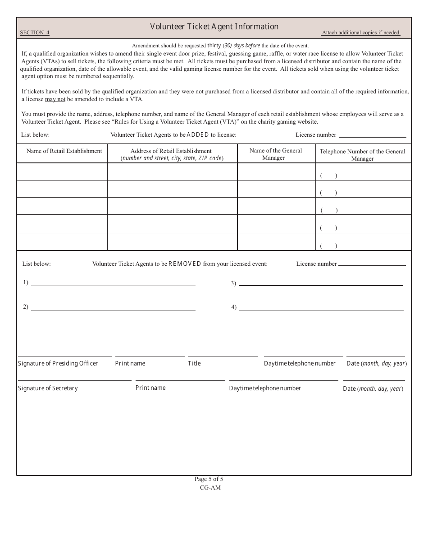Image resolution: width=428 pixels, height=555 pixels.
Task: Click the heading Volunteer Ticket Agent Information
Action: click(x=214, y=27)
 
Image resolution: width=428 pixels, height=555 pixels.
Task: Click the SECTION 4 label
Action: click(x=35, y=32)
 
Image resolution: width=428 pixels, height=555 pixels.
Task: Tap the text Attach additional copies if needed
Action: click(x=360, y=32)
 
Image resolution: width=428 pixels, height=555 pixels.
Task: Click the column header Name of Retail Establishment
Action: click(x=64, y=151)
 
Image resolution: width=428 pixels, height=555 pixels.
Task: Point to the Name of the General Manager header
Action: click(x=276, y=154)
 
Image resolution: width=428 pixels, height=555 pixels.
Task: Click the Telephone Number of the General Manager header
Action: click(x=362, y=155)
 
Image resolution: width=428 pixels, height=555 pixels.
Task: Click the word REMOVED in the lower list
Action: click(x=185, y=264)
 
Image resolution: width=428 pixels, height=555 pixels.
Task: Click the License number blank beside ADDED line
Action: click(x=372, y=135)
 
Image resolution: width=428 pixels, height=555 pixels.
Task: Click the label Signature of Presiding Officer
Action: click(x=58, y=363)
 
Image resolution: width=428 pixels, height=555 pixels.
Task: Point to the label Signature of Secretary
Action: click(x=48, y=388)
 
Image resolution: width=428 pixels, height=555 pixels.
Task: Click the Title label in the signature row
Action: click(x=194, y=363)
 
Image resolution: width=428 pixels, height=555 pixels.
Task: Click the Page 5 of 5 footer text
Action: click(x=209, y=479)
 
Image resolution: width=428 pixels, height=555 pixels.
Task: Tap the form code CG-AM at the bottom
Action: click(x=210, y=487)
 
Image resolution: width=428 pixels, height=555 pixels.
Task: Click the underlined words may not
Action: click(x=55, y=99)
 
